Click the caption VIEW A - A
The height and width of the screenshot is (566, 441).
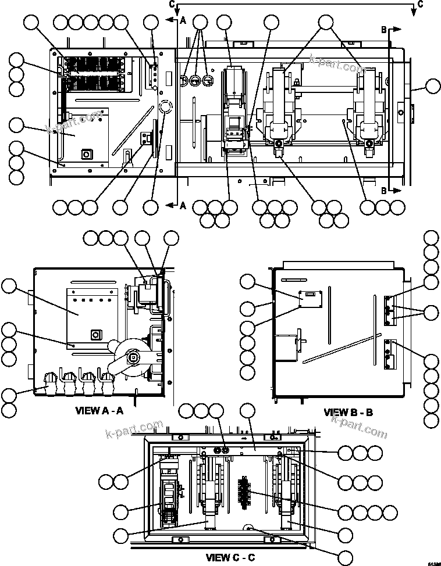[x=99, y=410]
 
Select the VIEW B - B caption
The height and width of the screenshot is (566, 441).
[x=348, y=413]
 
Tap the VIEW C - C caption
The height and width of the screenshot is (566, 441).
[x=230, y=558]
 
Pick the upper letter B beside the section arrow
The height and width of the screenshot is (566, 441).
[x=384, y=28]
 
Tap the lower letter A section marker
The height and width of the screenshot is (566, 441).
[x=182, y=205]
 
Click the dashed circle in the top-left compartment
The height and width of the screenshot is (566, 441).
[x=165, y=107]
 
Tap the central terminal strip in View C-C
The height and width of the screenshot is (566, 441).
[x=244, y=492]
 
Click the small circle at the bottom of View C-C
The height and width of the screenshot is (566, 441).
[x=248, y=528]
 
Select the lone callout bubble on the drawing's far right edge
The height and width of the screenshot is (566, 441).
[x=432, y=87]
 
